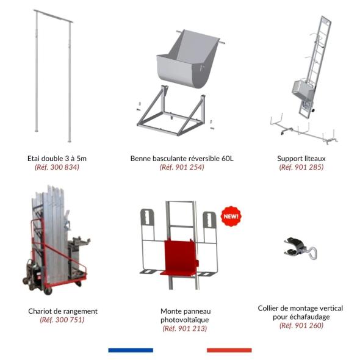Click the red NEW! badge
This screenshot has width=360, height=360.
click(231, 216)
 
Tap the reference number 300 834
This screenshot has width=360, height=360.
click(57, 167)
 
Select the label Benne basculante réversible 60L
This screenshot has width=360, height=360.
click(182, 159)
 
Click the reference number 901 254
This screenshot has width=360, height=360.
click(182, 167)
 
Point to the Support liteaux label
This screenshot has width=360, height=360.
click(301, 159)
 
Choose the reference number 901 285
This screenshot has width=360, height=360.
click(301, 167)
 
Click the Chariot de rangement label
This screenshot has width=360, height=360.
click(63, 311)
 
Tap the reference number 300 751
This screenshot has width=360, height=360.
click(62, 320)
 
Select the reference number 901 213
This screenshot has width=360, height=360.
click(185, 328)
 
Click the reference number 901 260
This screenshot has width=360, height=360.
click(301, 325)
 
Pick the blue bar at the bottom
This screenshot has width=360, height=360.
click(131, 350)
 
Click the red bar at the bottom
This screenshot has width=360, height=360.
click(229, 350)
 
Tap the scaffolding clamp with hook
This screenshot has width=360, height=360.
click(300, 248)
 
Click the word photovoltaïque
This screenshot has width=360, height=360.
click(185, 320)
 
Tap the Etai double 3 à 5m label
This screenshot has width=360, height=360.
click(57, 159)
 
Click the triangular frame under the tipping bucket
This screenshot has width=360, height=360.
click(171, 110)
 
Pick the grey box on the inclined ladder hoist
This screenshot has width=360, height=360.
click(303, 89)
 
